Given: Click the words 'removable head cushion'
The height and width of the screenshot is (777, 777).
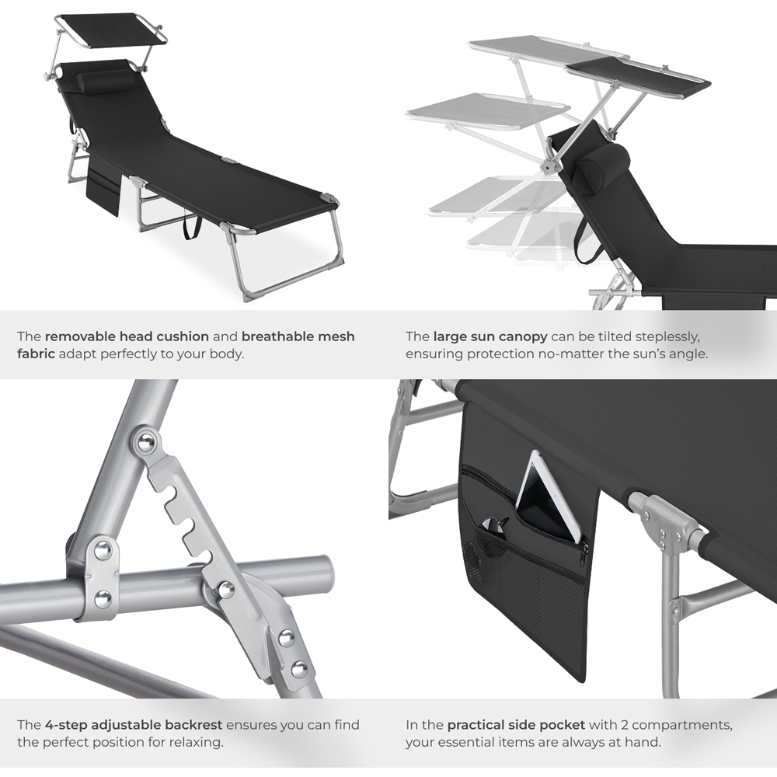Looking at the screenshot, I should click(127, 336).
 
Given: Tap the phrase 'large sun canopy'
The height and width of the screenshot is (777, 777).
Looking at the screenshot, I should click(490, 336).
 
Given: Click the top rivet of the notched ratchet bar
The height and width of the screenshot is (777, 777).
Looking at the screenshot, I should click(145, 444).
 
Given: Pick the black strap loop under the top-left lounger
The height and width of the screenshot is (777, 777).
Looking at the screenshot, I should click(190, 226).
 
